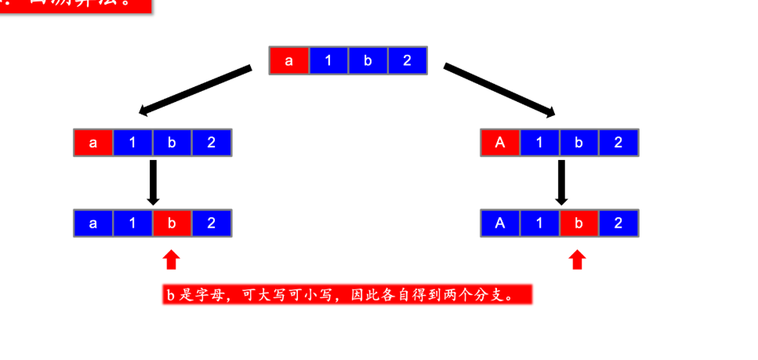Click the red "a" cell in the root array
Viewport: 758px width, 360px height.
[289, 61]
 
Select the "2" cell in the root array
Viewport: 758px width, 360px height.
[407, 61]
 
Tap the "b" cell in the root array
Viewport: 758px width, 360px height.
[368, 61]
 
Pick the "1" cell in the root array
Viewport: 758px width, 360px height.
[328, 61]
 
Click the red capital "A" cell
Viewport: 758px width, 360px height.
[500, 143]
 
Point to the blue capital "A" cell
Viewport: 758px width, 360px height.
[500, 224]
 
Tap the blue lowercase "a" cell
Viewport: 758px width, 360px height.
[93, 224]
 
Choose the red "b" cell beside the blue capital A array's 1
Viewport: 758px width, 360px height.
[578, 224]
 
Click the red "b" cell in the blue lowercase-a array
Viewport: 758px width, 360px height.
[172, 224]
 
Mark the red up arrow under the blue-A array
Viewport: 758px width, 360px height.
[578, 260]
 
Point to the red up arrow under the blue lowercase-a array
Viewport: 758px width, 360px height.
[172, 260]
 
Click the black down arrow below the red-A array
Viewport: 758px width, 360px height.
[560, 182]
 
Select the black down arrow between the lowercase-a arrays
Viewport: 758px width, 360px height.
[154, 182]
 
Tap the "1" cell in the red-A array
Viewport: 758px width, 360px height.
[539, 143]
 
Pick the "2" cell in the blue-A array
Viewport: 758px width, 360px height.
[618, 224]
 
